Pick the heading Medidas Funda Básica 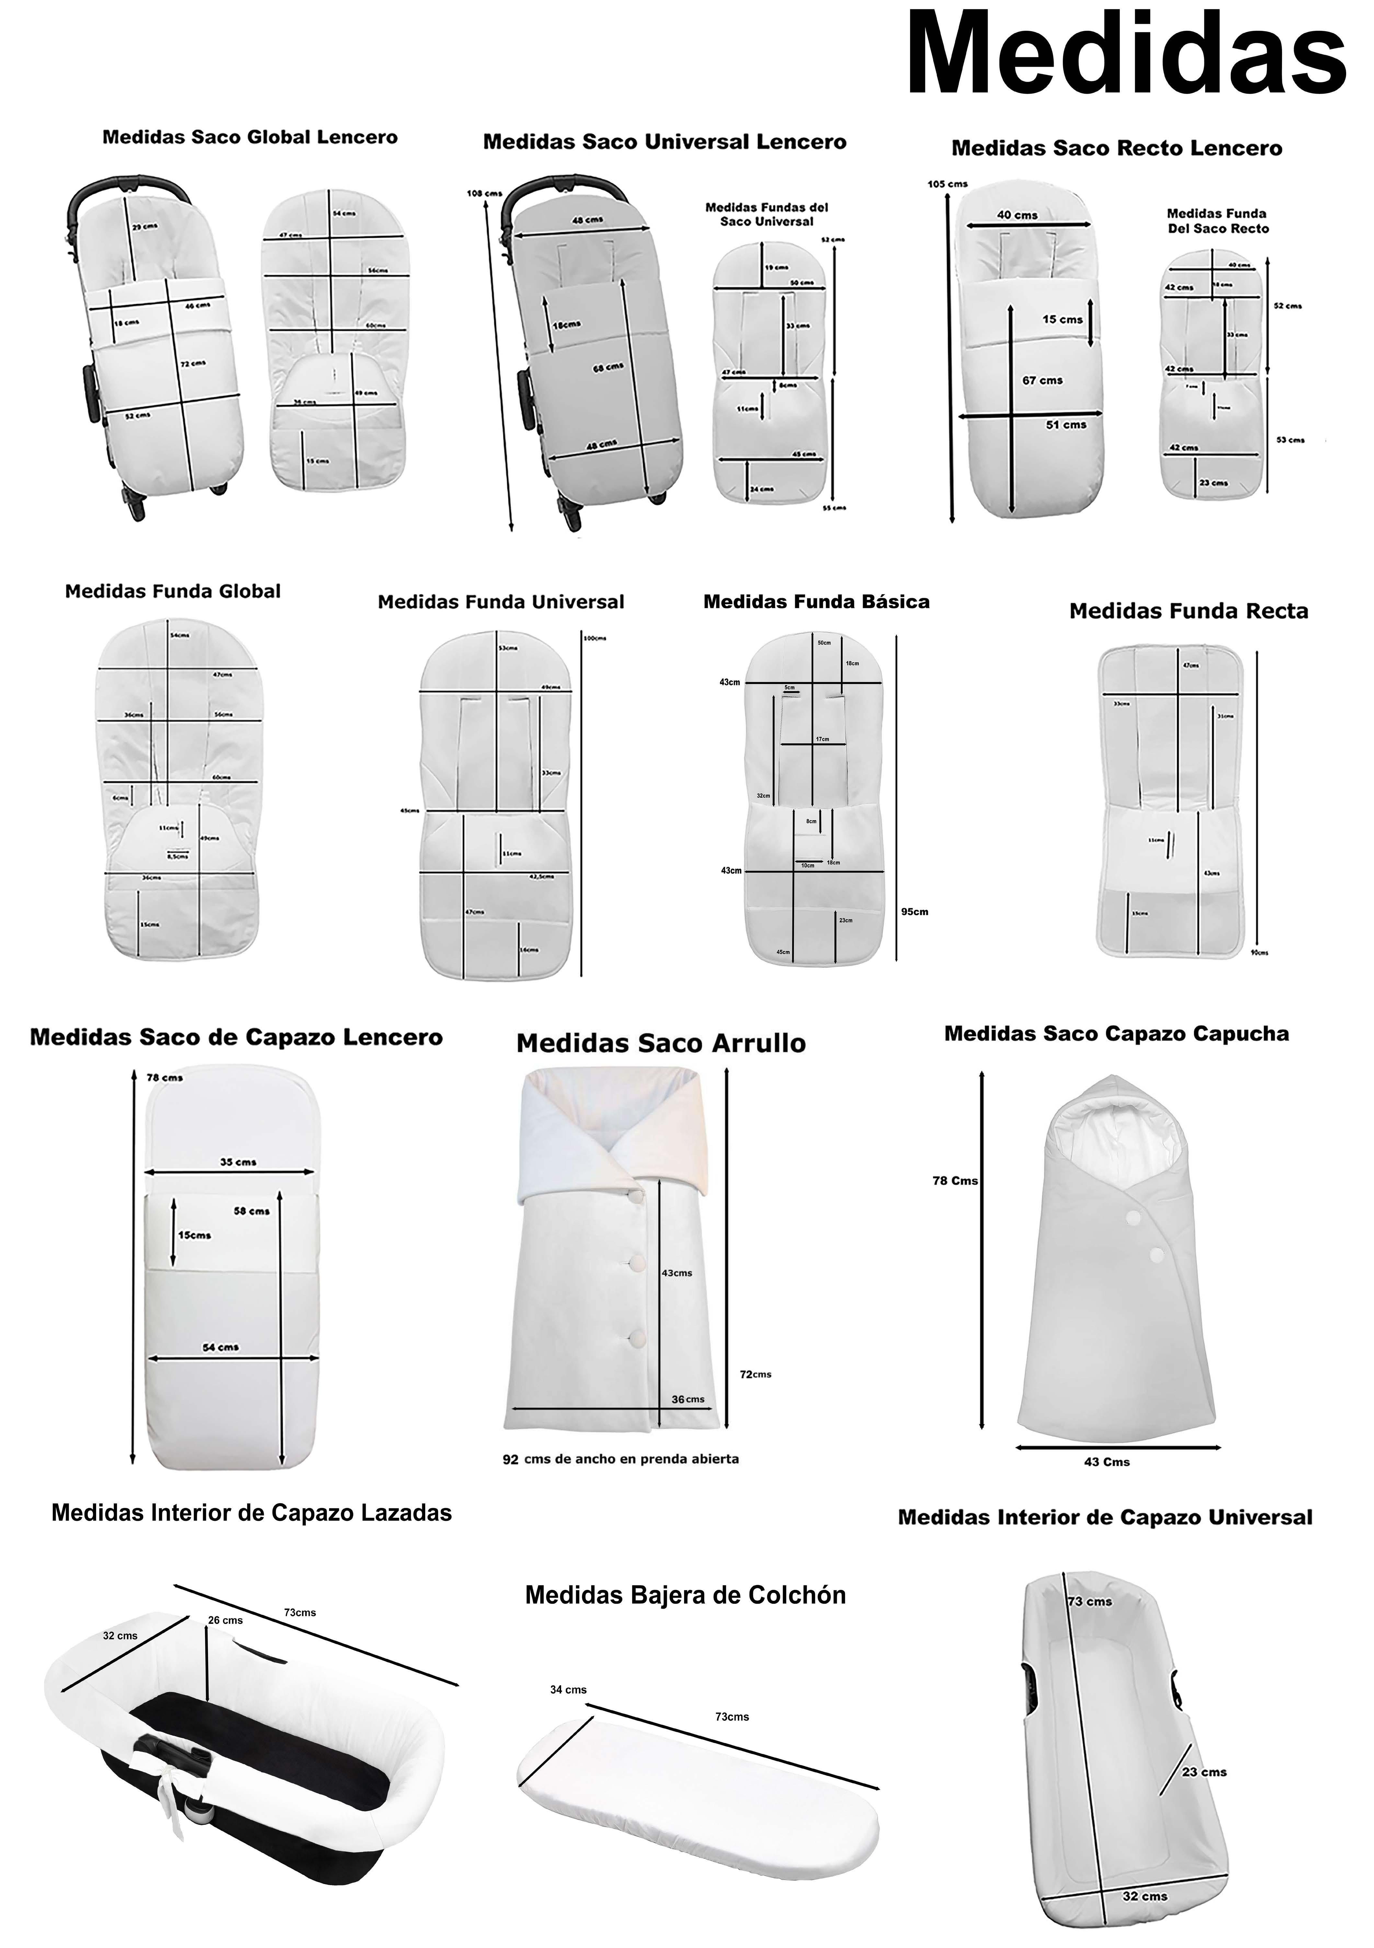816,601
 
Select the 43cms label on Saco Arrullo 676,1273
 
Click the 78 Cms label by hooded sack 955,1180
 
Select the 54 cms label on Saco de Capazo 221,1347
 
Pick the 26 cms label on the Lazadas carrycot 226,1620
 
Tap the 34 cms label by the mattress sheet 568,1689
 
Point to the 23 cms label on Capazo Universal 1204,1771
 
